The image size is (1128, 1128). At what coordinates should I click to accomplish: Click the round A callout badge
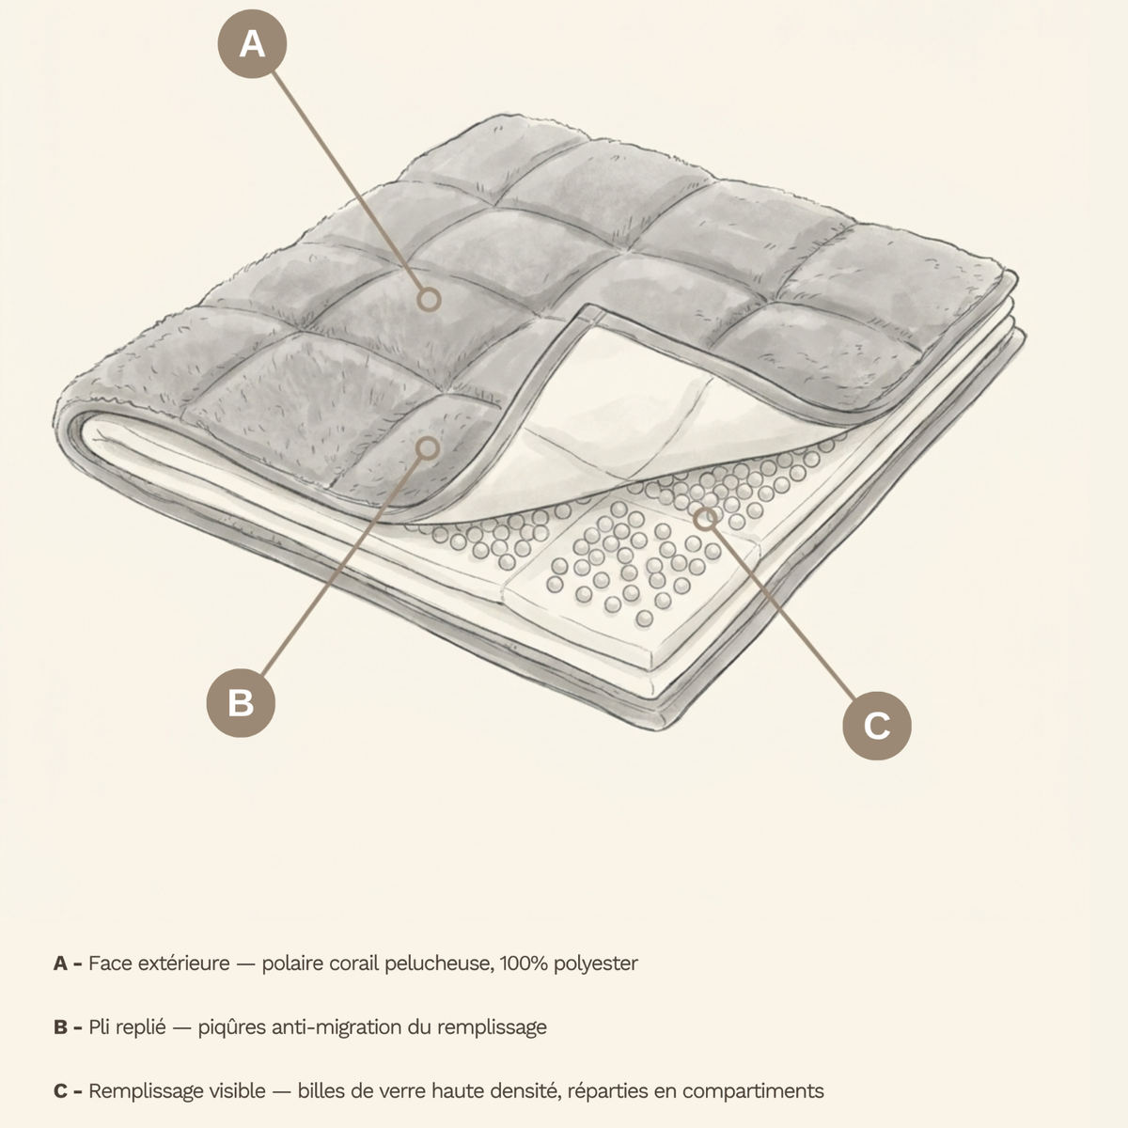click(252, 44)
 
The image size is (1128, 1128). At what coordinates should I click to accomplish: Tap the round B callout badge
click(241, 702)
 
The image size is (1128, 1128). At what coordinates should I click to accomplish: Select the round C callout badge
click(877, 726)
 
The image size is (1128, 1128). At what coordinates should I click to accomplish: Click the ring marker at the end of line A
click(429, 300)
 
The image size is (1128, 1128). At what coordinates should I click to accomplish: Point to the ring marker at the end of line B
click(429, 448)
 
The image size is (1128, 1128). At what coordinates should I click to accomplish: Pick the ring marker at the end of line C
click(706, 517)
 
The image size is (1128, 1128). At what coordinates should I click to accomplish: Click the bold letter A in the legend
click(60, 963)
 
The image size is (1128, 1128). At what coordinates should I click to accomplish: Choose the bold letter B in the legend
click(60, 1027)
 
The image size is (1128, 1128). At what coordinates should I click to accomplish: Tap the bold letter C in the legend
click(60, 1091)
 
